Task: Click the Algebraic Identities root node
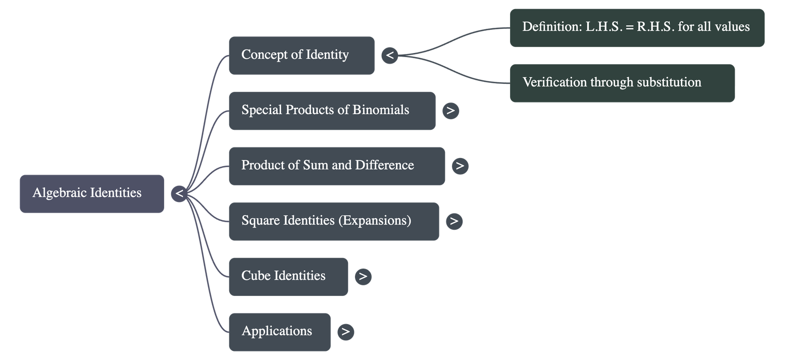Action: click(91, 193)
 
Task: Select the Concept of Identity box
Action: click(301, 55)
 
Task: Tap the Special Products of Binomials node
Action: click(332, 111)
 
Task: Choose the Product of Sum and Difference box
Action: click(336, 166)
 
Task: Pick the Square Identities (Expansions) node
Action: click(333, 221)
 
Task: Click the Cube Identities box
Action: click(288, 276)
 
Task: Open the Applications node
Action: click(279, 332)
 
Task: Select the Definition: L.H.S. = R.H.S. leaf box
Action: click(637, 27)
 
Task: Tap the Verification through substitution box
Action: click(622, 83)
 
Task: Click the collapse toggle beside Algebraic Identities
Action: click(179, 193)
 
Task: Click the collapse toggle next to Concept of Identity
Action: click(389, 55)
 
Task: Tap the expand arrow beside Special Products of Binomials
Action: click(450, 111)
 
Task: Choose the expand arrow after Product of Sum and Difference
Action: click(460, 166)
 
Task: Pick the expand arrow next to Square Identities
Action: click(454, 221)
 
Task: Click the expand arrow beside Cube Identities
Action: click(363, 276)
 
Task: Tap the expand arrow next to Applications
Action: click(345, 332)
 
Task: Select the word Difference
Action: click(384, 165)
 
